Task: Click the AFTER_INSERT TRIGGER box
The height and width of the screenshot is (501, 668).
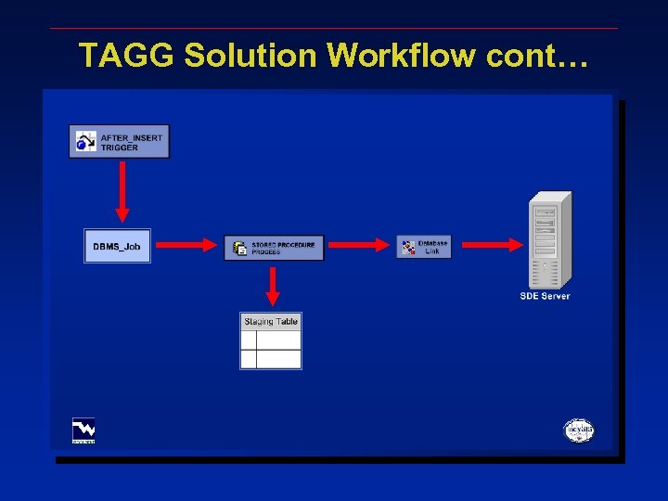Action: tap(119, 141)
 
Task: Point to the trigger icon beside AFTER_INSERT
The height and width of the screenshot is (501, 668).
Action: tap(86, 141)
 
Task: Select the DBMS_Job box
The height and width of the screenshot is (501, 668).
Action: tap(117, 246)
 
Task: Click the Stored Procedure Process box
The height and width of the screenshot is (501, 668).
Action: tap(274, 248)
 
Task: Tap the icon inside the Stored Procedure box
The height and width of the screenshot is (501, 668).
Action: tap(239, 248)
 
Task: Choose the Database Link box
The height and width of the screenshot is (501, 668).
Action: tap(424, 246)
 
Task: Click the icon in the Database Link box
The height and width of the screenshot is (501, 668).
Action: tap(408, 246)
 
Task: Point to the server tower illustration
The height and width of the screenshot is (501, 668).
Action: tap(549, 239)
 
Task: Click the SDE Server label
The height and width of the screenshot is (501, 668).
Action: tap(545, 296)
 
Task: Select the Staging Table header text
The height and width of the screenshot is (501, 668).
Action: tap(271, 322)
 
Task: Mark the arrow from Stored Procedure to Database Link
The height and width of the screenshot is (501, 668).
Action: tap(360, 245)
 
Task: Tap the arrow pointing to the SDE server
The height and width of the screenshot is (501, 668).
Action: tap(492, 245)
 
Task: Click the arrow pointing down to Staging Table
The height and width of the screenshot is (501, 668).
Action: tap(273, 286)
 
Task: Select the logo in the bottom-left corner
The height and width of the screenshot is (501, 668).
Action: tap(83, 430)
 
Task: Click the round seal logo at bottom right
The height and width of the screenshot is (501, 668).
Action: tap(579, 430)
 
